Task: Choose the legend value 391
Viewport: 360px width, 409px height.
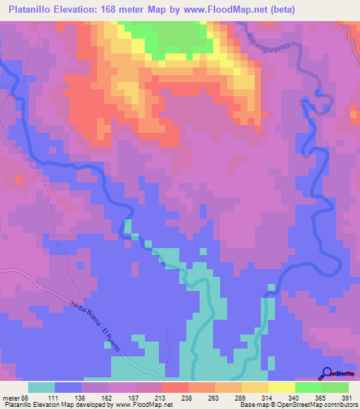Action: (345, 398)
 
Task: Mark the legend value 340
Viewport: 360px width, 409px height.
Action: (292, 398)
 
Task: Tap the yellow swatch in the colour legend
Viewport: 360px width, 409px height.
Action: (281, 387)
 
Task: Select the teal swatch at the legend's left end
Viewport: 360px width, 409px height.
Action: (41, 387)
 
